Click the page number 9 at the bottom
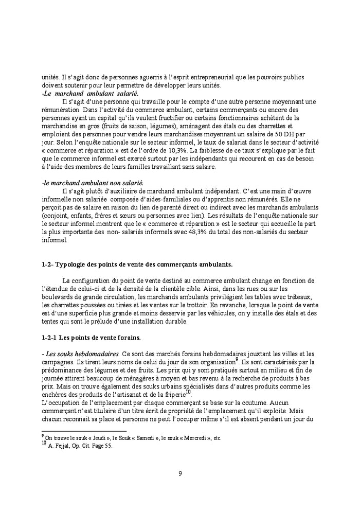pos(180,474)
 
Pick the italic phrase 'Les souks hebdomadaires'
pos(82,354)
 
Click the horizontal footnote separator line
pos(84,431)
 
